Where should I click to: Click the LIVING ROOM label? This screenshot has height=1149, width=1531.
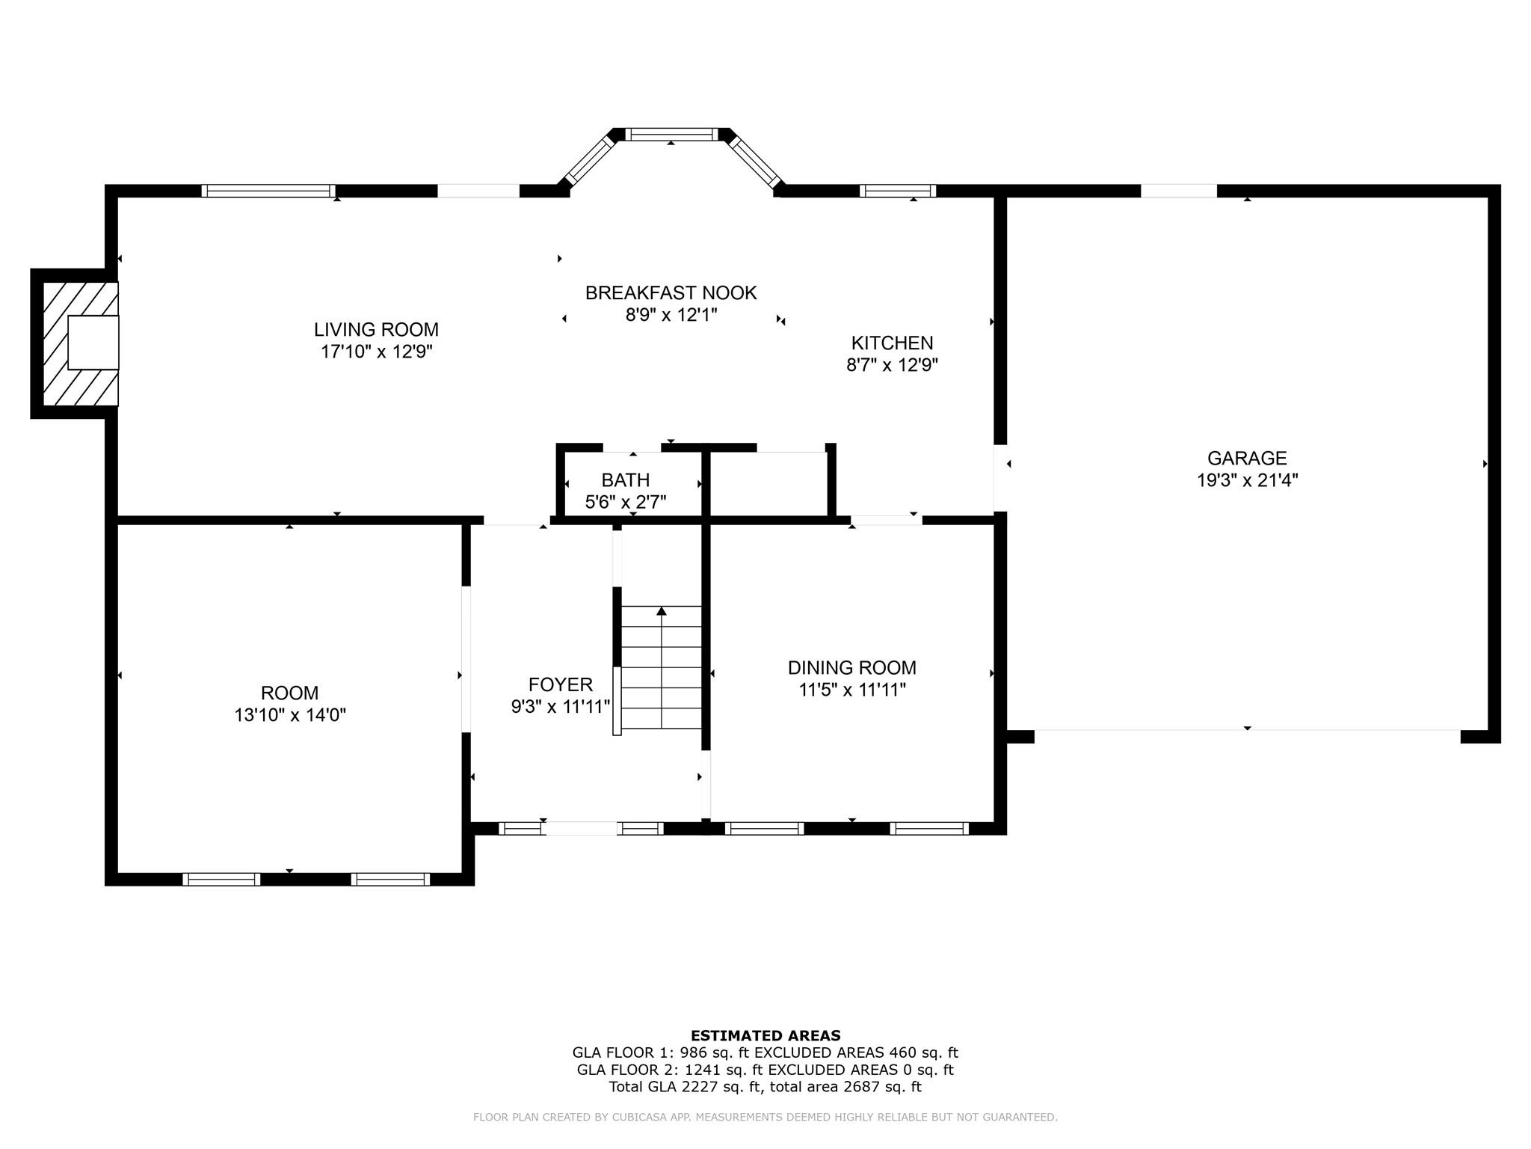pos(376,330)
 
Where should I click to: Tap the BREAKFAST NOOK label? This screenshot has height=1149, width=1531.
pos(671,293)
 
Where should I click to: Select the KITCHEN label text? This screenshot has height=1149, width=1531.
pos(892,343)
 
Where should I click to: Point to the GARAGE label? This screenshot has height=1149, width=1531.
pos(1247,459)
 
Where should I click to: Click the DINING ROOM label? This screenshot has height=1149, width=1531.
pos(851,668)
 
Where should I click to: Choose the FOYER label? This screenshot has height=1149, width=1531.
pos(560,684)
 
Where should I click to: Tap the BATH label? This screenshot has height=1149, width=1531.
pos(625,480)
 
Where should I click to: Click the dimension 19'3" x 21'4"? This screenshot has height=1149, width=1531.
pos(1247,480)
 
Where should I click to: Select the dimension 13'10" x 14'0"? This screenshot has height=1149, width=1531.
pos(290,715)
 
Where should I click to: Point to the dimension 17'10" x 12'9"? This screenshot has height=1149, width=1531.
pos(377,352)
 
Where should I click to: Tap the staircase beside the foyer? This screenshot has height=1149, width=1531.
pos(662,667)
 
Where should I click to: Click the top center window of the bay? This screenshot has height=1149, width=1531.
pos(671,135)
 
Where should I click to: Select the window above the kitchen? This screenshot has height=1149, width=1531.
pos(897,191)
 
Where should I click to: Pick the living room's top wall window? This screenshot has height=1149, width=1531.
pos(268,191)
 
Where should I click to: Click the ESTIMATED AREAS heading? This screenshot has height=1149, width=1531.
pos(765,1036)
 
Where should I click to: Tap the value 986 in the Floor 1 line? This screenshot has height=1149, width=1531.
pos(693,1053)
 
